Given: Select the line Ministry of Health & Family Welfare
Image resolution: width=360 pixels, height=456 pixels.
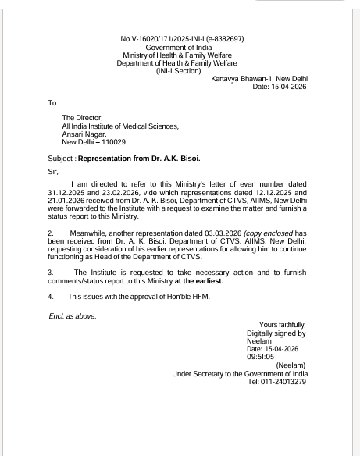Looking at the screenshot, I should (x=180, y=55).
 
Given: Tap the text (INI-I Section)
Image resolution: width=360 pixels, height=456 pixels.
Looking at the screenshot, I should (x=180, y=71).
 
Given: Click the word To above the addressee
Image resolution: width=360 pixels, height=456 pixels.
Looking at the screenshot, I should (x=52, y=102).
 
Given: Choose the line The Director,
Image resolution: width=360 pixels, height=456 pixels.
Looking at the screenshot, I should (x=83, y=118).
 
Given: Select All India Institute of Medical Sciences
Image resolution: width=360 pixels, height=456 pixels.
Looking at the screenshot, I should (x=120, y=126).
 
